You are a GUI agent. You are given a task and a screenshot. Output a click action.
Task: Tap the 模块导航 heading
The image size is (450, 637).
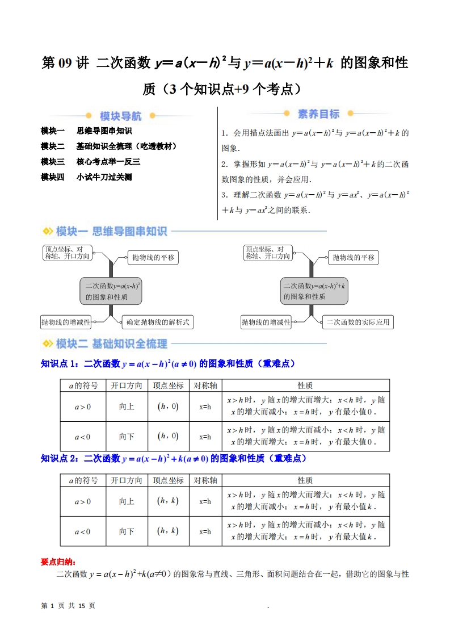[x=121, y=116]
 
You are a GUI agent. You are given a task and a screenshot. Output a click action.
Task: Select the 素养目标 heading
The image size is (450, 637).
[x=318, y=114]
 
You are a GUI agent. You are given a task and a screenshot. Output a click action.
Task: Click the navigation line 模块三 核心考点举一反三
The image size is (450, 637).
[x=90, y=162]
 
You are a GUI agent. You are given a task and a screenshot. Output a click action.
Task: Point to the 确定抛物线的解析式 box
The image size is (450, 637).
[x=157, y=322]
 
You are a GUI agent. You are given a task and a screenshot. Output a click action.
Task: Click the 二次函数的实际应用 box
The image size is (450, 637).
[x=358, y=322]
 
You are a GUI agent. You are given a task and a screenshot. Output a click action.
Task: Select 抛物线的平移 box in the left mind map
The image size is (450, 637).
[x=153, y=258]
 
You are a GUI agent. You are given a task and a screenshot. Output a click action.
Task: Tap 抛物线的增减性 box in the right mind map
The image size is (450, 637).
[x=266, y=322]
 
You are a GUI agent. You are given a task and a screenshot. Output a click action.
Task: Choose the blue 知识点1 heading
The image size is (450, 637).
[x=168, y=364]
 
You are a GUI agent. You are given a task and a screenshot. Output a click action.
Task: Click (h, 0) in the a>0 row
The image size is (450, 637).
[x=167, y=406]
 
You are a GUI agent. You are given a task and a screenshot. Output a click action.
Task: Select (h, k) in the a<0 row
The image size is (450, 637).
[x=167, y=531]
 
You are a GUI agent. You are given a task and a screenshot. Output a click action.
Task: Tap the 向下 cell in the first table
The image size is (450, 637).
[x=127, y=437]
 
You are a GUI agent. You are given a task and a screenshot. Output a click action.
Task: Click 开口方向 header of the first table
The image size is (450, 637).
[x=127, y=385]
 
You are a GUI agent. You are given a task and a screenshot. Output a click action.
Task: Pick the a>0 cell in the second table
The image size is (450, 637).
[x=83, y=502]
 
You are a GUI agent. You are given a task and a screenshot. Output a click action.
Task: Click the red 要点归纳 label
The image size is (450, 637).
[x=57, y=561]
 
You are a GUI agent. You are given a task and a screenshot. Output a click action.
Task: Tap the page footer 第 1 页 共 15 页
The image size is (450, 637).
[x=69, y=606]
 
